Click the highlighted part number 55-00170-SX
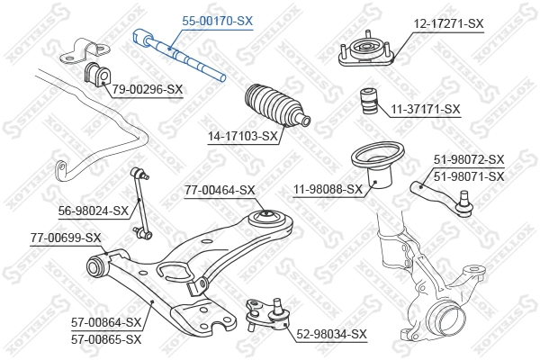(219, 19)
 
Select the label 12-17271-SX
(447, 23)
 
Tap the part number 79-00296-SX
(148, 88)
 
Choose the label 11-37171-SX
(425, 109)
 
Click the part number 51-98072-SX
(469, 161)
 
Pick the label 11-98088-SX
(328, 189)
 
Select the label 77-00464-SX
(220, 190)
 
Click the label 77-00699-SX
(66, 238)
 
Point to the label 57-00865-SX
(107, 339)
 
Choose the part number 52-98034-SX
(332, 334)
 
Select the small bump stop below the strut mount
(368, 102)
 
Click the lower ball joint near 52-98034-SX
(265, 313)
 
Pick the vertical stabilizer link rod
(141, 202)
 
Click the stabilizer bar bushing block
(94, 73)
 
